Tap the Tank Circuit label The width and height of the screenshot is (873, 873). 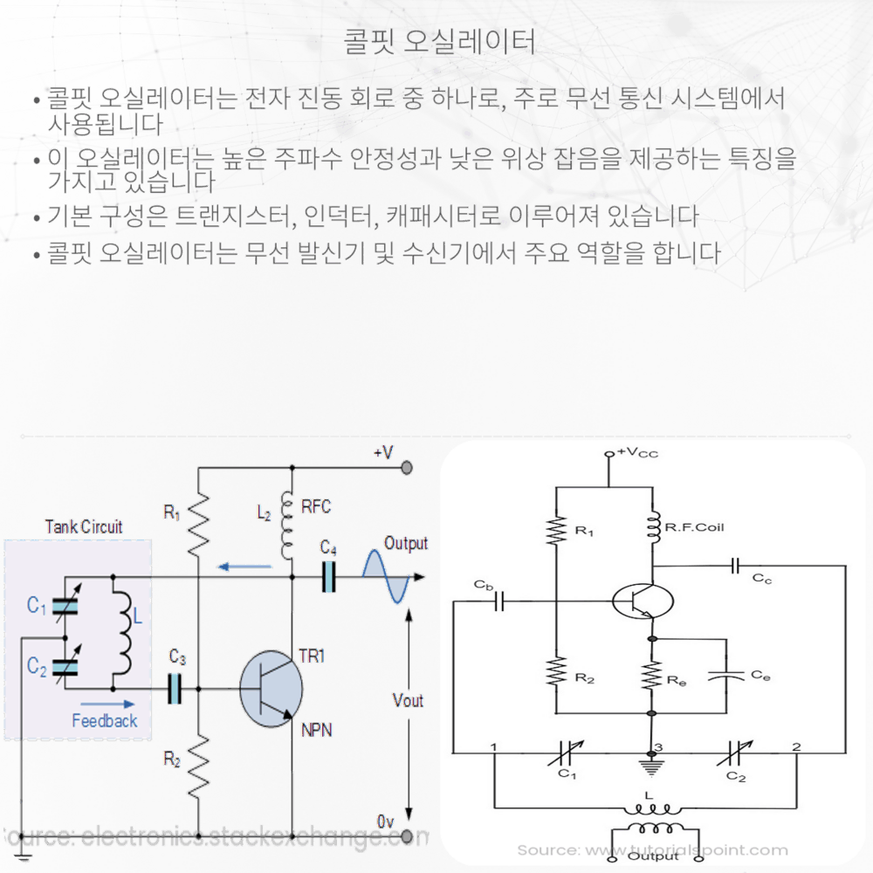(x=83, y=527)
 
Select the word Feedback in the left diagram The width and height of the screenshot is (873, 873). (x=104, y=721)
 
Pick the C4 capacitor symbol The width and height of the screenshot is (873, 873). (x=328, y=576)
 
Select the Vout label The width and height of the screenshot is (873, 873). (x=408, y=700)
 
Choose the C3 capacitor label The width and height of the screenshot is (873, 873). (x=177, y=656)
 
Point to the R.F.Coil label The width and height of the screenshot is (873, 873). (x=695, y=527)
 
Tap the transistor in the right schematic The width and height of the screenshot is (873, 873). (x=643, y=601)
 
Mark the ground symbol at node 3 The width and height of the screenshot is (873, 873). (x=650, y=766)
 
